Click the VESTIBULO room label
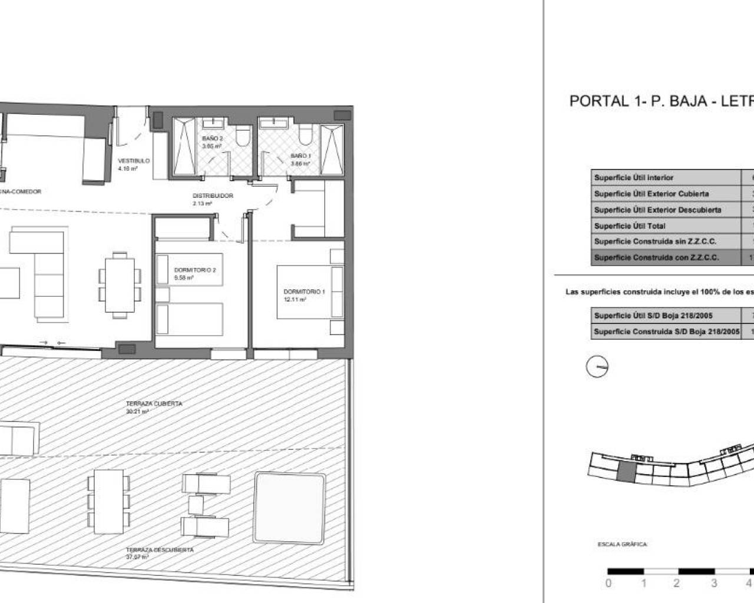pyautogui.click(x=134, y=161)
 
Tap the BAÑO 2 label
pyautogui.click(x=213, y=138)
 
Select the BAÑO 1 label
pyautogui.click(x=300, y=156)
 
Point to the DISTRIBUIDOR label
pyautogui.click(x=213, y=196)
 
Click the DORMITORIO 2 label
pyautogui.click(x=195, y=270)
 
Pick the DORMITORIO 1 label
pyautogui.click(x=304, y=291)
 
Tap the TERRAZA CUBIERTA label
pyautogui.click(x=154, y=404)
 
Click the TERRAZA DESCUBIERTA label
pyautogui.click(x=160, y=549)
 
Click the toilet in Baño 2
pyautogui.click(x=241, y=138)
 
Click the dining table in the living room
pyautogui.click(x=120, y=284)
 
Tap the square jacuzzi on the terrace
pyautogui.click(x=289, y=508)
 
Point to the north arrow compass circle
pyautogui.click(x=597, y=367)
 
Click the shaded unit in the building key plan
pyautogui.click(x=626, y=472)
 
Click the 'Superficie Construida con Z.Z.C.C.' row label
pyautogui.click(x=656, y=257)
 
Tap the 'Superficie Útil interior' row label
pyautogui.click(x=633, y=177)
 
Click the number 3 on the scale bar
pyautogui.click(x=714, y=584)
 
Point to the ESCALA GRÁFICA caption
pyautogui.click(x=622, y=545)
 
